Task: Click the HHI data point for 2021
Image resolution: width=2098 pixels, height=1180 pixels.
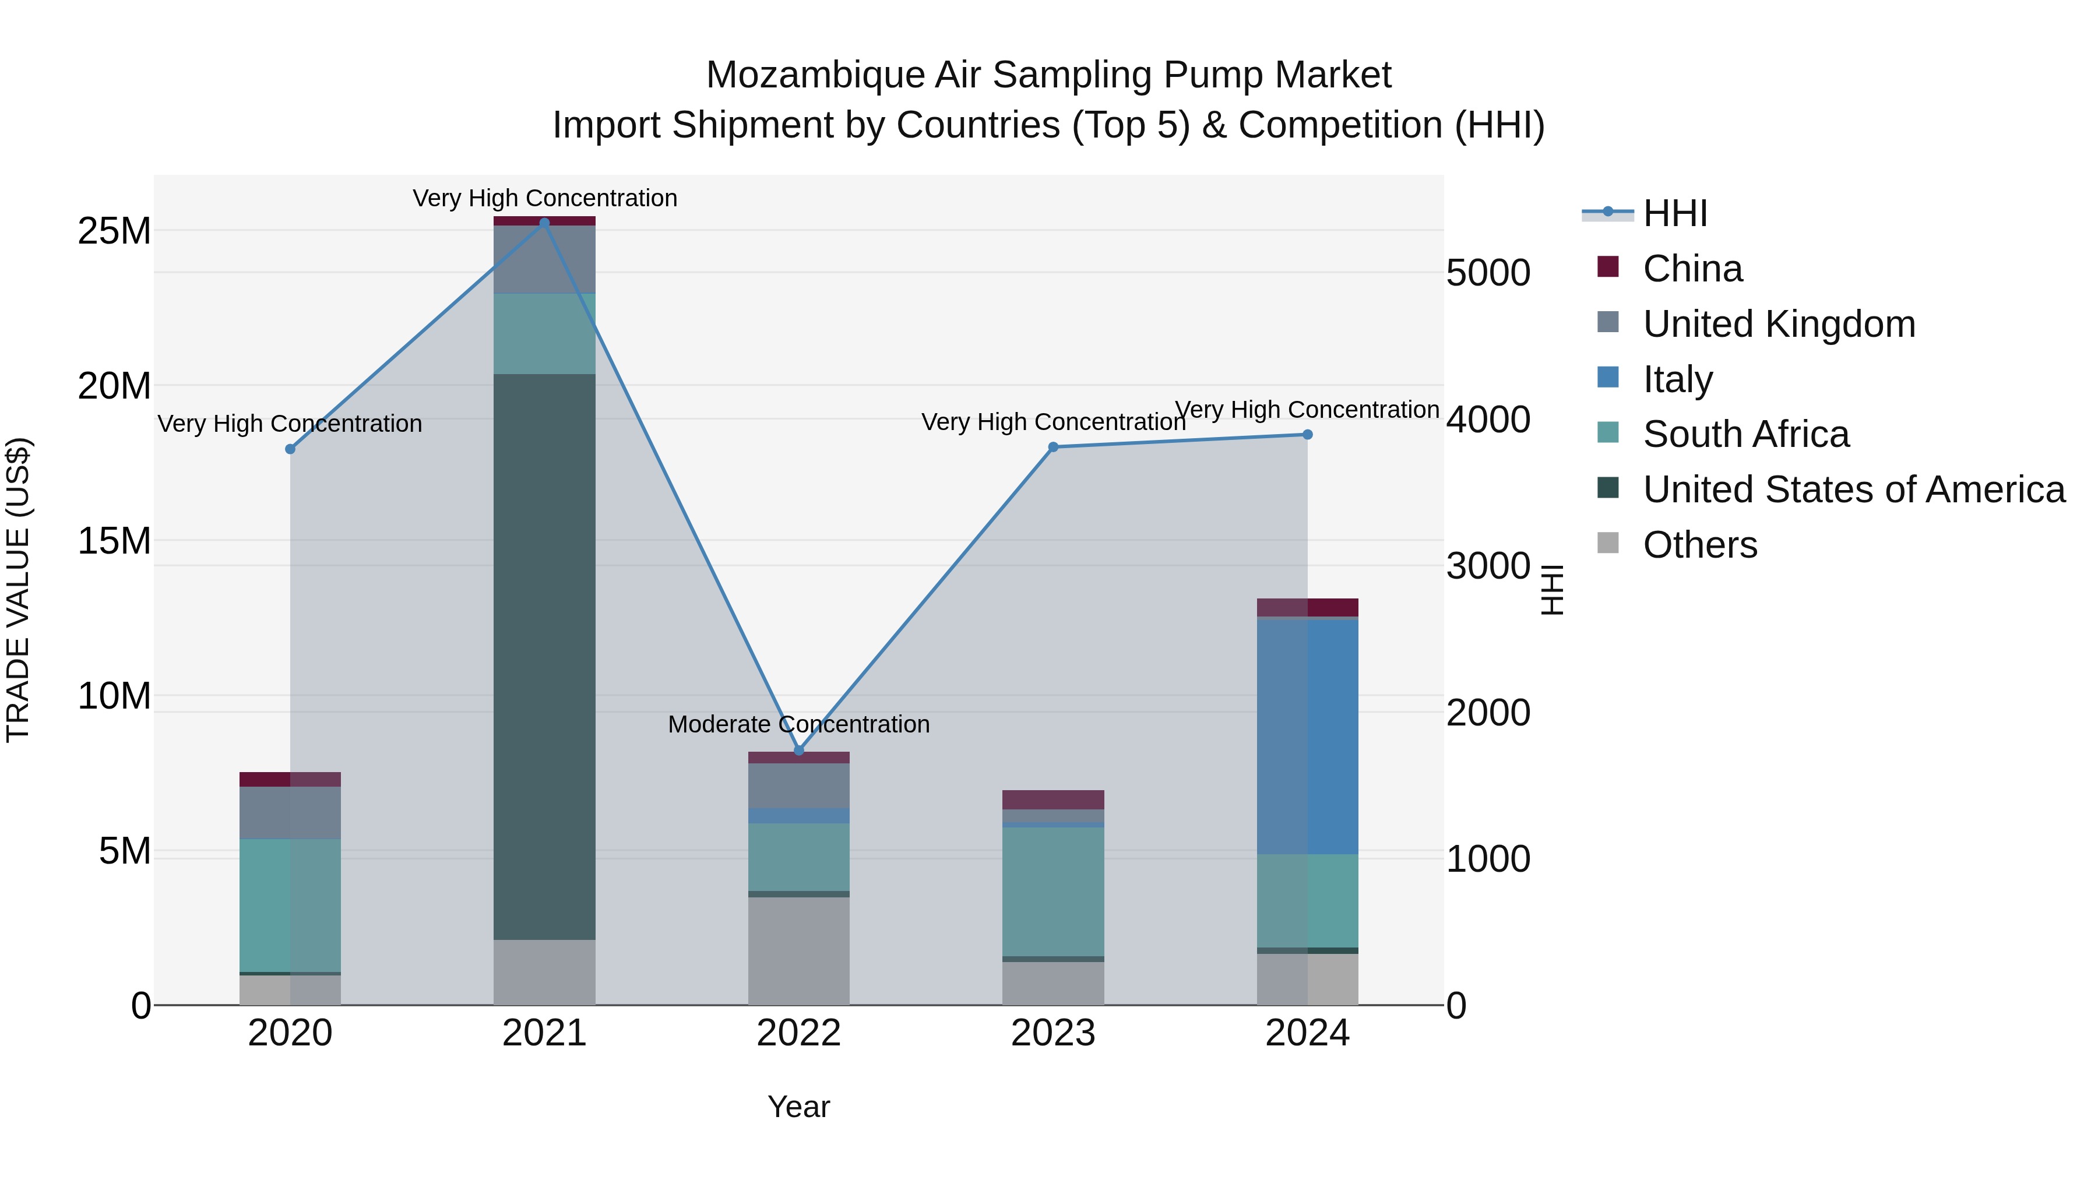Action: (545, 223)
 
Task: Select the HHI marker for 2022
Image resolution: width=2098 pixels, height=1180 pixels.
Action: (799, 750)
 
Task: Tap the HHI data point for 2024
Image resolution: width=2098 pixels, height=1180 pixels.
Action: (1307, 435)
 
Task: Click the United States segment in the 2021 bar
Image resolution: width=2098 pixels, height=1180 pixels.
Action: (545, 656)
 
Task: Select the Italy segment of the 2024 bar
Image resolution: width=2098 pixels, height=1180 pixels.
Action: (1307, 736)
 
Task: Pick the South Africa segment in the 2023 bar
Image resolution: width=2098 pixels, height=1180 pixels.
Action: (1053, 892)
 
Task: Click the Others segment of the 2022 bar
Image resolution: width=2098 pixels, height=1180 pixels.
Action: (799, 951)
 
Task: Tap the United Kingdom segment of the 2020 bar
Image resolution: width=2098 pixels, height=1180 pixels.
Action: (290, 813)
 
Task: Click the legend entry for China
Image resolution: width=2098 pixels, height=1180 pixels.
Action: (1692, 269)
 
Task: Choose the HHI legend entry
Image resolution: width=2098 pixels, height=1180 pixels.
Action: (1674, 213)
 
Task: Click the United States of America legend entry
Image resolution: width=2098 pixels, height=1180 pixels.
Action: (1853, 489)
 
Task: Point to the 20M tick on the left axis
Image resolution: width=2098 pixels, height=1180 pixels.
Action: (114, 386)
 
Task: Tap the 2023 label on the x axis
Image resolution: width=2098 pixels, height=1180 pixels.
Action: (1053, 1033)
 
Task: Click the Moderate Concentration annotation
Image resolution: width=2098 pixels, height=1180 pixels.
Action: (798, 724)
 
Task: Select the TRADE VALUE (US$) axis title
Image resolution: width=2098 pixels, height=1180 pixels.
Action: (18, 590)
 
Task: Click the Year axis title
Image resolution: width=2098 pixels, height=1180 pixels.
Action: (798, 1107)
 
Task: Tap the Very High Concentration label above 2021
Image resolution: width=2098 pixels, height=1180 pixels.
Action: (545, 198)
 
